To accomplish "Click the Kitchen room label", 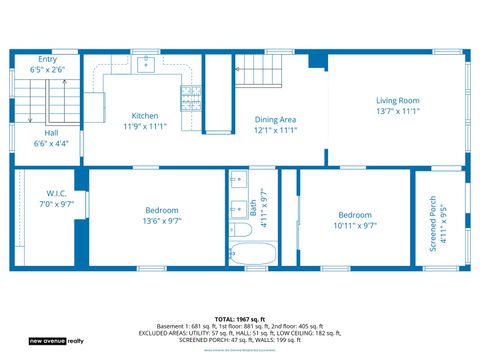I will pyautogui.click(x=144, y=115).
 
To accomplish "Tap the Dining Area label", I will pyautogui.click(x=275, y=119).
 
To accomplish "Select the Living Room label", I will pyautogui.click(x=397, y=100).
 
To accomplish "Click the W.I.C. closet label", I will pyautogui.click(x=56, y=193).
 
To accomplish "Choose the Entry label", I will pyautogui.click(x=47, y=59).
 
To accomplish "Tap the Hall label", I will pyautogui.click(x=50, y=132).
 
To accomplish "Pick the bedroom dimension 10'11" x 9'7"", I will pyautogui.click(x=355, y=226).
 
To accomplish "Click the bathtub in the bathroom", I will pyautogui.click(x=244, y=255).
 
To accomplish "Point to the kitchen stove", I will pyautogui.click(x=190, y=97).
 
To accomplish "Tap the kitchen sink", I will pyautogui.click(x=144, y=65).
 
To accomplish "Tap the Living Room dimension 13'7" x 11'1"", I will pyautogui.click(x=397, y=112).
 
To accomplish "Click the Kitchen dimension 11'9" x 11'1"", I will pyautogui.click(x=144, y=127).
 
